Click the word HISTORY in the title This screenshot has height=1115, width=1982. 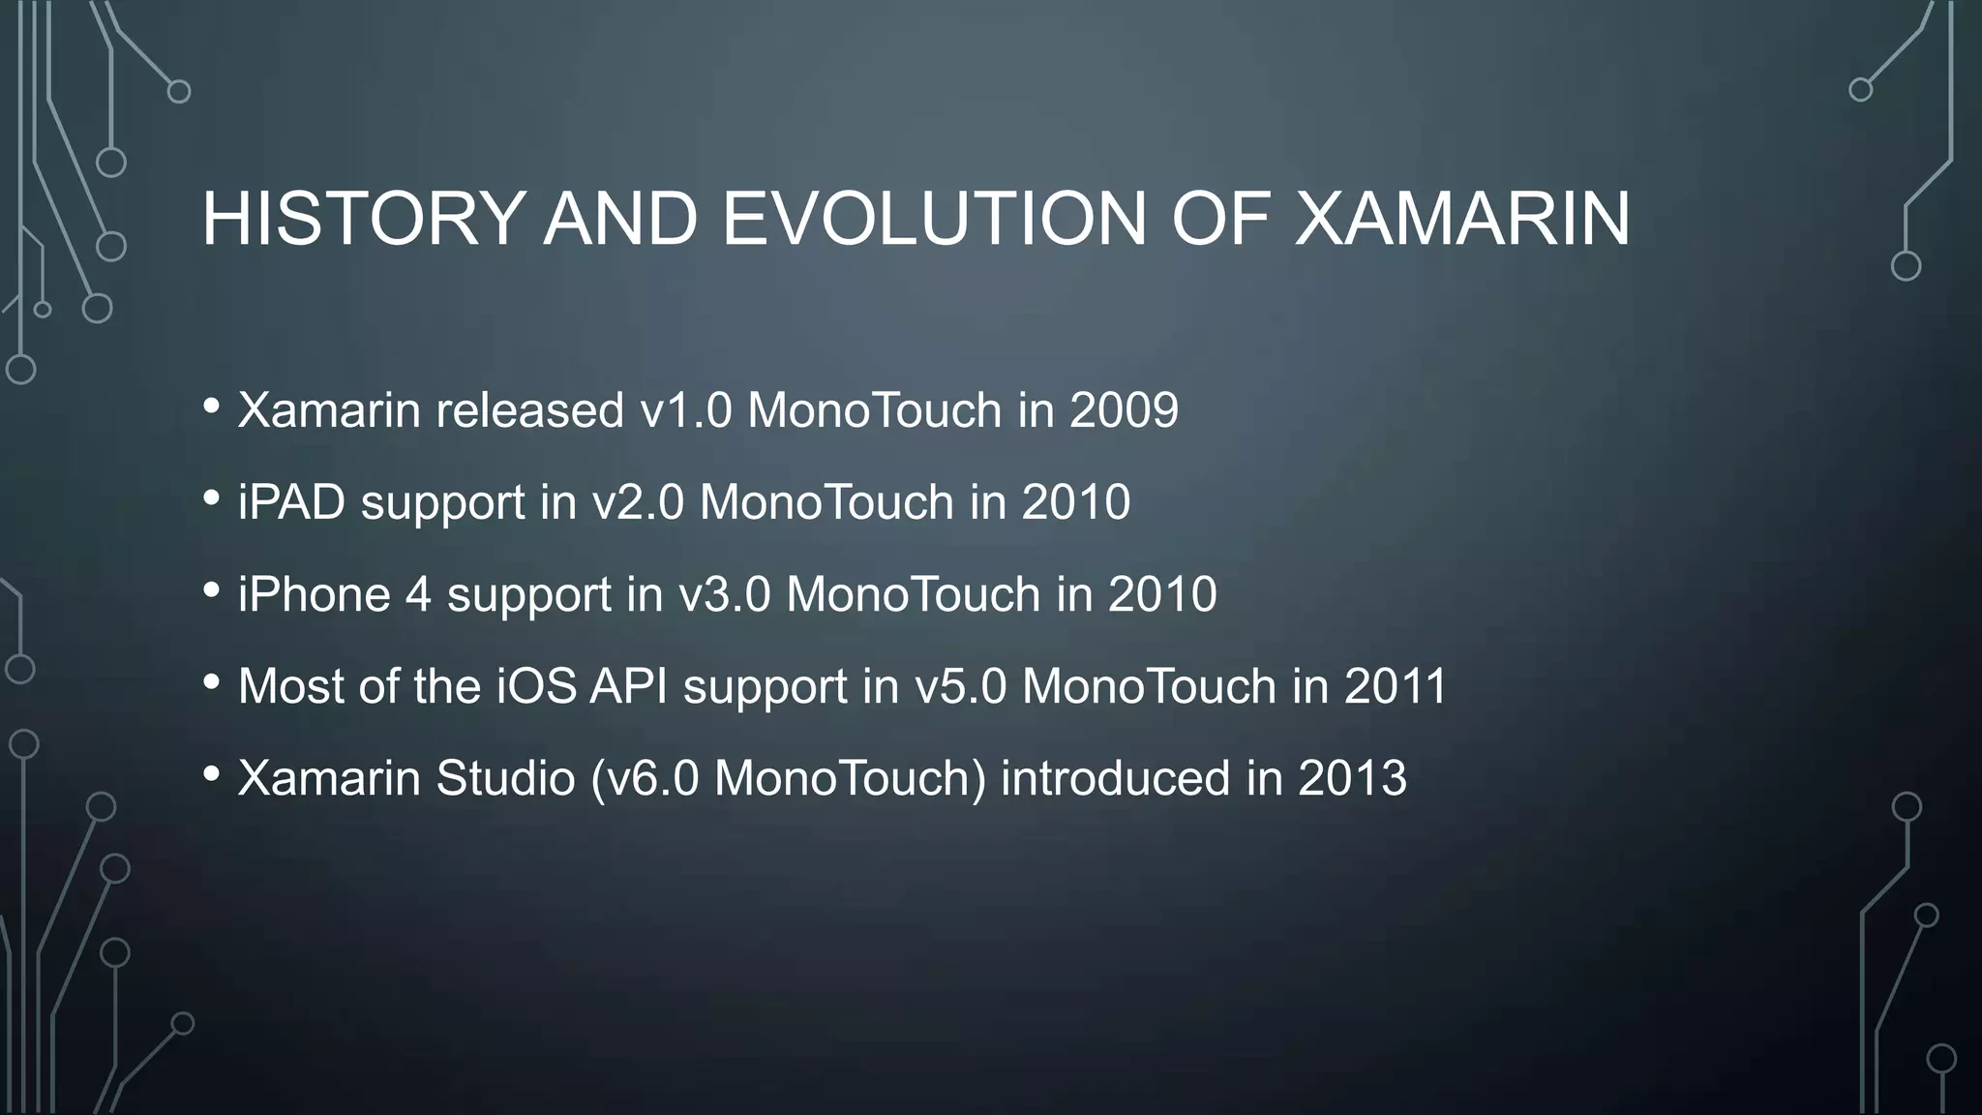coord(363,219)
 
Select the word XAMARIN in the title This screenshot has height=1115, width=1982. coord(1462,219)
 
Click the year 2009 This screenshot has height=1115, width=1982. coord(1124,410)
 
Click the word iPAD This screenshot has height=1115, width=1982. coord(291,502)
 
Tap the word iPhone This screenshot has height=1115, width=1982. coord(314,594)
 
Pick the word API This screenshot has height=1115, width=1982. coord(629,686)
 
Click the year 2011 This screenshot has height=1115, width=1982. coord(1395,686)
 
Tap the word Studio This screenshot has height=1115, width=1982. coord(505,778)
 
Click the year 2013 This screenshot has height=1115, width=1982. coord(1352,778)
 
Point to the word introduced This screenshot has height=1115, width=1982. coord(1115,778)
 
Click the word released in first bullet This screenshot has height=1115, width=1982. coord(529,410)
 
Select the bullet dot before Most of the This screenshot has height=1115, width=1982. coord(212,682)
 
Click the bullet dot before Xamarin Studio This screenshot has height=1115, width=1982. coord(212,774)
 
